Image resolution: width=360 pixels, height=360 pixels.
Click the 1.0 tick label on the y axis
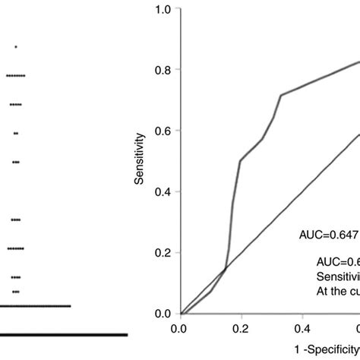point(161,10)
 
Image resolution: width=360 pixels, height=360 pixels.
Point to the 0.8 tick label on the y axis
point(161,69)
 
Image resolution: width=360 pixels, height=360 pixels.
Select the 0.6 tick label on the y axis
point(161,131)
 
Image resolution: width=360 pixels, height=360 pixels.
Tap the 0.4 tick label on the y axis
point(161,192)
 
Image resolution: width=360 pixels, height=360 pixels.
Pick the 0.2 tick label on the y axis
point(161,253)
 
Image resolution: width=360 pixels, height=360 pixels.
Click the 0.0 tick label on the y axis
point(161,314)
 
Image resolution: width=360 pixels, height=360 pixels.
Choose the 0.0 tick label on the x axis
point(179,330)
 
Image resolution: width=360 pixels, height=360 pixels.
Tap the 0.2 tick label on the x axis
point(241,330)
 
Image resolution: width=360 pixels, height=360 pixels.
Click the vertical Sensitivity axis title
point(140,160)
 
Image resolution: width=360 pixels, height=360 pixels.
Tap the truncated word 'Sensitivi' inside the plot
point(337,276)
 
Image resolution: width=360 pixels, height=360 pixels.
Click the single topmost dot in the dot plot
point(16,47)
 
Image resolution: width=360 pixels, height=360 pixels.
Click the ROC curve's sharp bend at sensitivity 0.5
point(240,160)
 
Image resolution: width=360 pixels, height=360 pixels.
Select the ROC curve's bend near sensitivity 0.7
point(281,95)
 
